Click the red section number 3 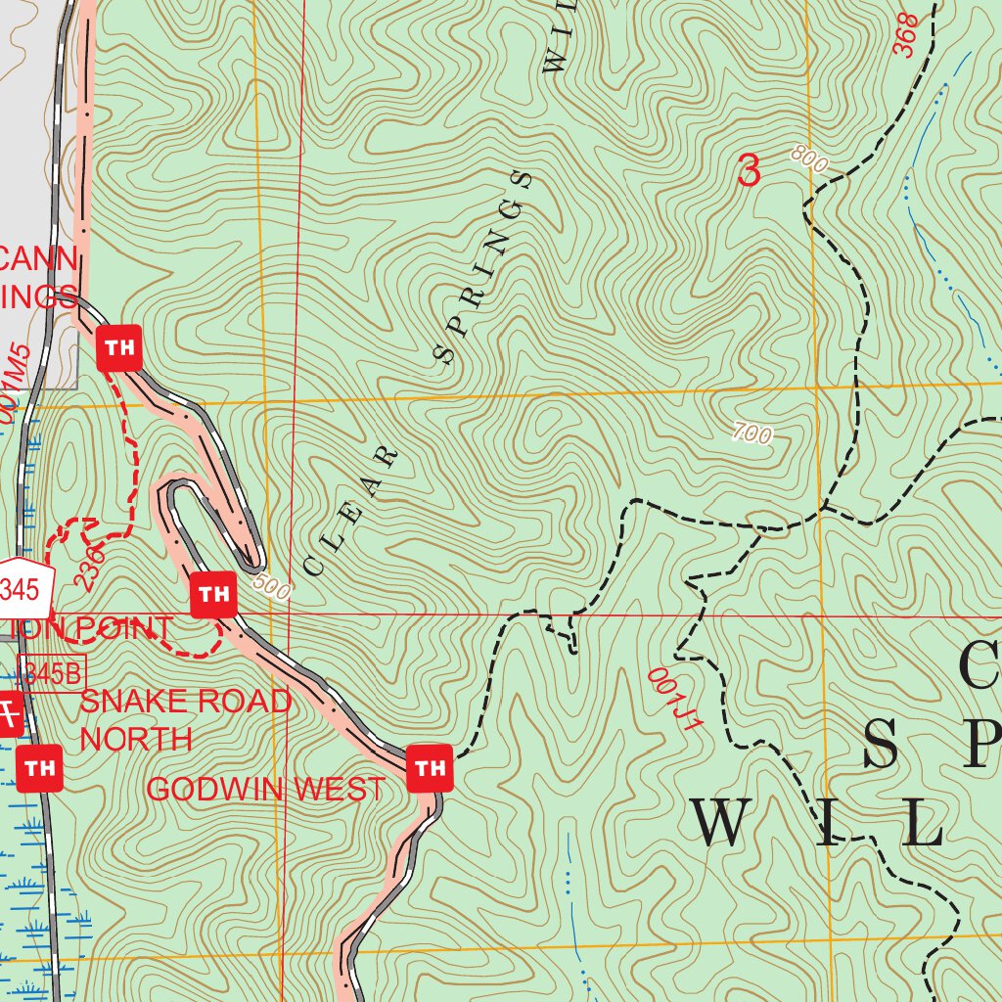click(x=749, y=171)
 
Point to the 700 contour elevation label click(x=751, y=433)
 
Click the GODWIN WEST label click(x=265, y=789)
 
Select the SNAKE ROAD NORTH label click(x=185, y=719)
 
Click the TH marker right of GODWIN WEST click(x=430, y=768)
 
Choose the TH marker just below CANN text click(x=119, y=347)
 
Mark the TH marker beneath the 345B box click(x=40, y=768)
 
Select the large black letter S click(x=884, y=742)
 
